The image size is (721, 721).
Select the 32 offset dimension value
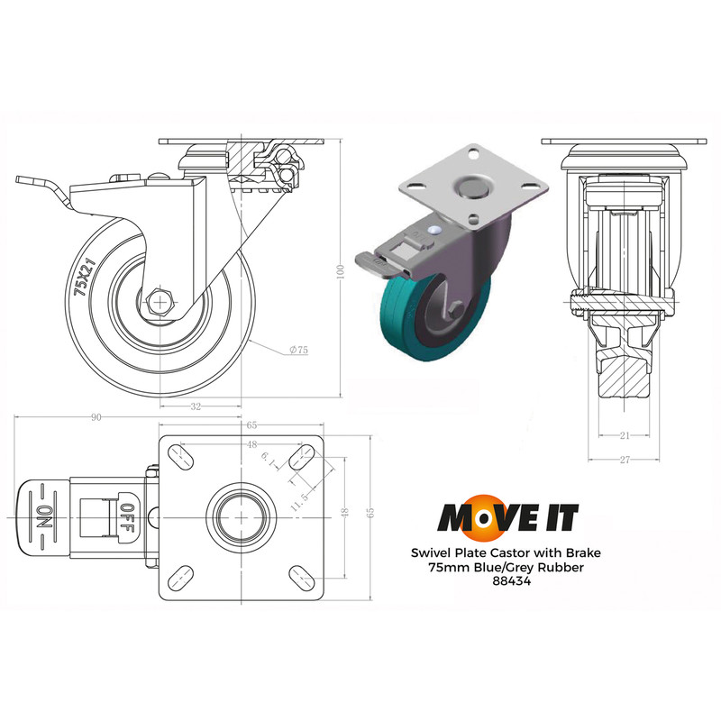click(196, 406)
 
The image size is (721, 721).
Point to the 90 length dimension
click(96, 417)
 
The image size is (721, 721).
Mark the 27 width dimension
click(623, 460)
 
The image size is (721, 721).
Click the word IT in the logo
click(557, 517)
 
